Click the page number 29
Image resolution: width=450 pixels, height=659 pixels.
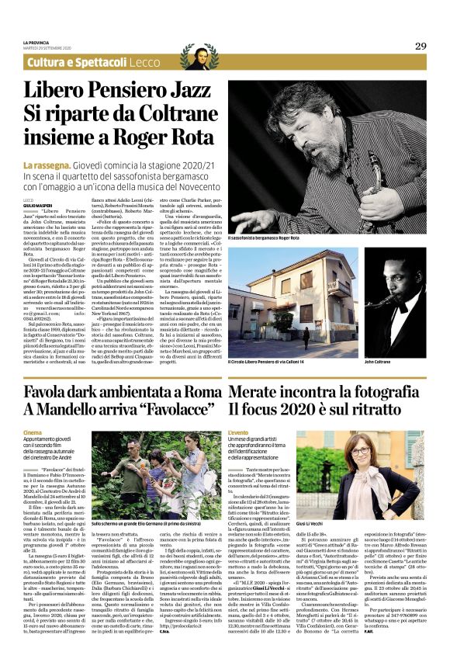click(x=420, y=46)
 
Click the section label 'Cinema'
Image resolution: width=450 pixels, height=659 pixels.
click(x=33, y=432)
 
